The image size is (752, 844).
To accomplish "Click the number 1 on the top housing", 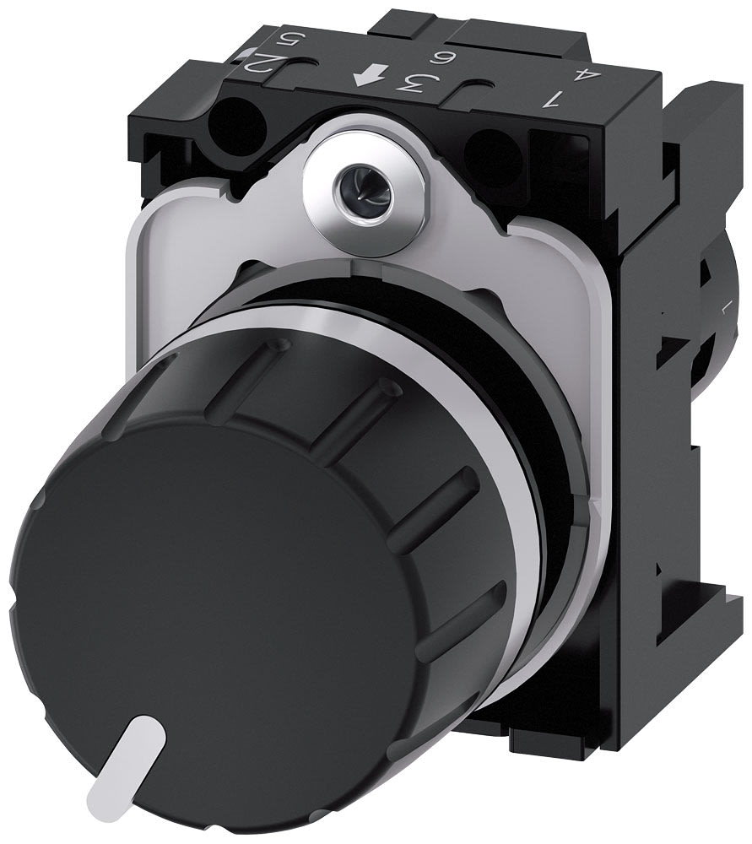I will (554, 100).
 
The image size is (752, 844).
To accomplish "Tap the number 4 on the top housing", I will (579, 75).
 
